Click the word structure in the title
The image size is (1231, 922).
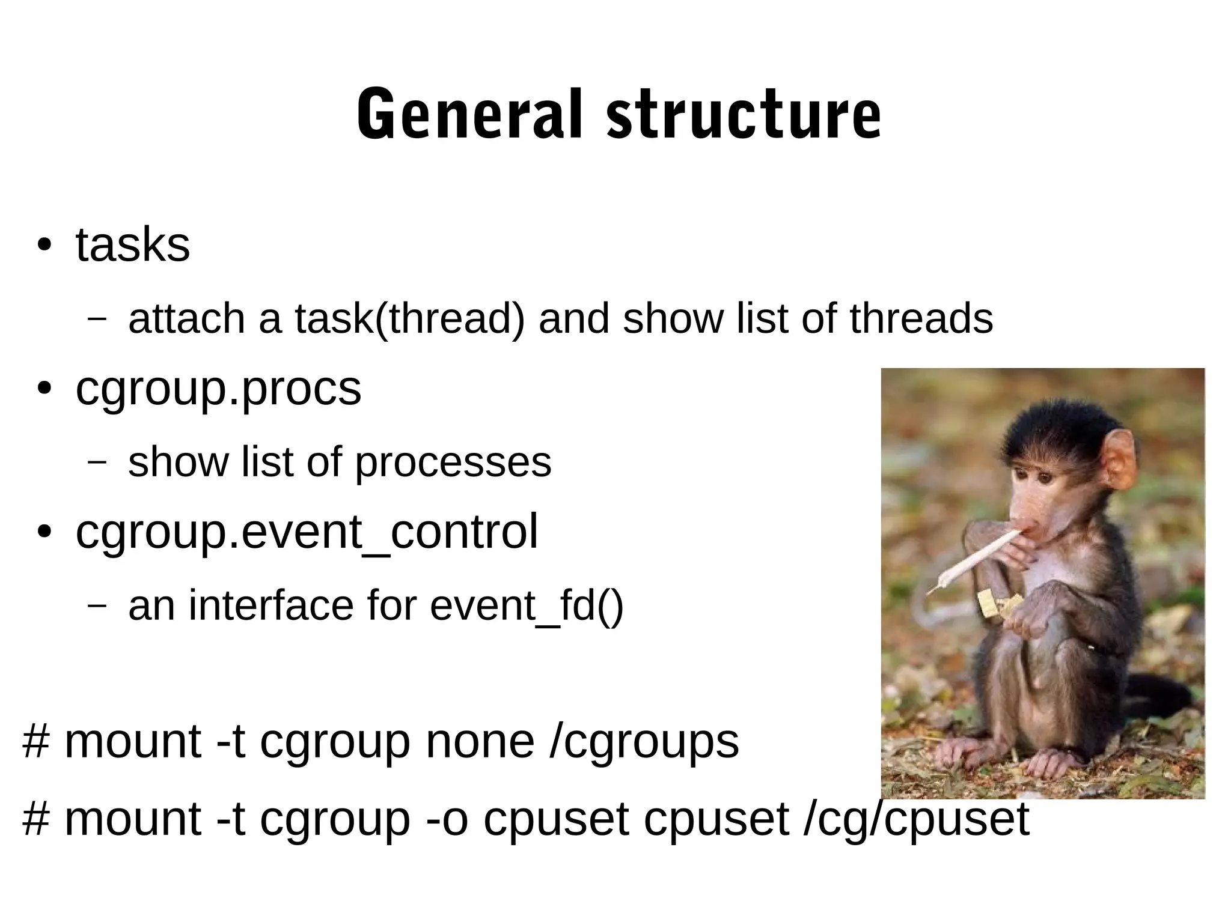(743, 114)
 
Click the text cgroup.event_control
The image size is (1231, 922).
(307, 532)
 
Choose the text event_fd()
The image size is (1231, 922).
(527, 605)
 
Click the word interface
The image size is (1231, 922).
(271, 605)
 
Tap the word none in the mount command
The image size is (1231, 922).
(480, 741)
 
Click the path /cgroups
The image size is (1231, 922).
(644, 742)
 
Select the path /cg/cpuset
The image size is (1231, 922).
(916, 819)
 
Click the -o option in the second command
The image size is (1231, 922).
(445, 819)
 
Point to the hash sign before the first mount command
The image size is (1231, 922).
(35, 741)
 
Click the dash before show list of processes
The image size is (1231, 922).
(96, 462)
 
